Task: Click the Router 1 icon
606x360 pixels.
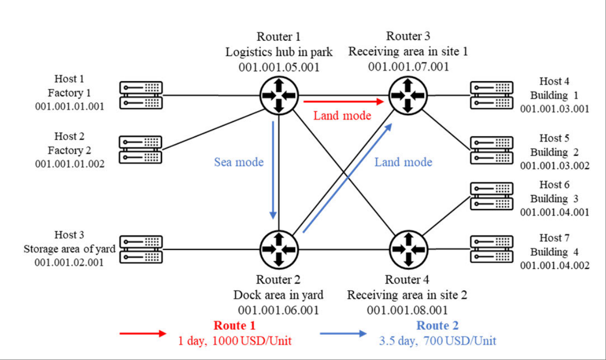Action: (x=278, y=95)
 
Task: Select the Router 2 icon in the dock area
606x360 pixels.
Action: (x=279, y=249)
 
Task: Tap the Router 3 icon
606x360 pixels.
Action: (x=408, y=95)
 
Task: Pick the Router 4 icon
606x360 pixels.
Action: (x=408, y=249)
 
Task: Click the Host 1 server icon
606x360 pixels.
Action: (x=141, y=95)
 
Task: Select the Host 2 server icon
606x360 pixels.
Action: (x=141, y=150)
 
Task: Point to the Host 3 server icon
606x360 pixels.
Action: (x=141, y=250)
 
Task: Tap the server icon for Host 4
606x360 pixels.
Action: (x=491, y=95)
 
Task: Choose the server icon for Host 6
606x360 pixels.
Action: (x=491, y=196)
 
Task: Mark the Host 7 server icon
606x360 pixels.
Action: (x=491, y=249)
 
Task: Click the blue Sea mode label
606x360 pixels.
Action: (x=239, y=162)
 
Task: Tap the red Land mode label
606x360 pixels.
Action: (x=342, y=116)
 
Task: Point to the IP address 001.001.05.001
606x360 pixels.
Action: (x=279, y=67)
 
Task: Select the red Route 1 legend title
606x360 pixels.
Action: (x=234, y=325)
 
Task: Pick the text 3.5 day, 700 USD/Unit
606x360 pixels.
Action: (x=437, y=341)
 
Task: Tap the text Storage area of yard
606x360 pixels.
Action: (x=70, y=249)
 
